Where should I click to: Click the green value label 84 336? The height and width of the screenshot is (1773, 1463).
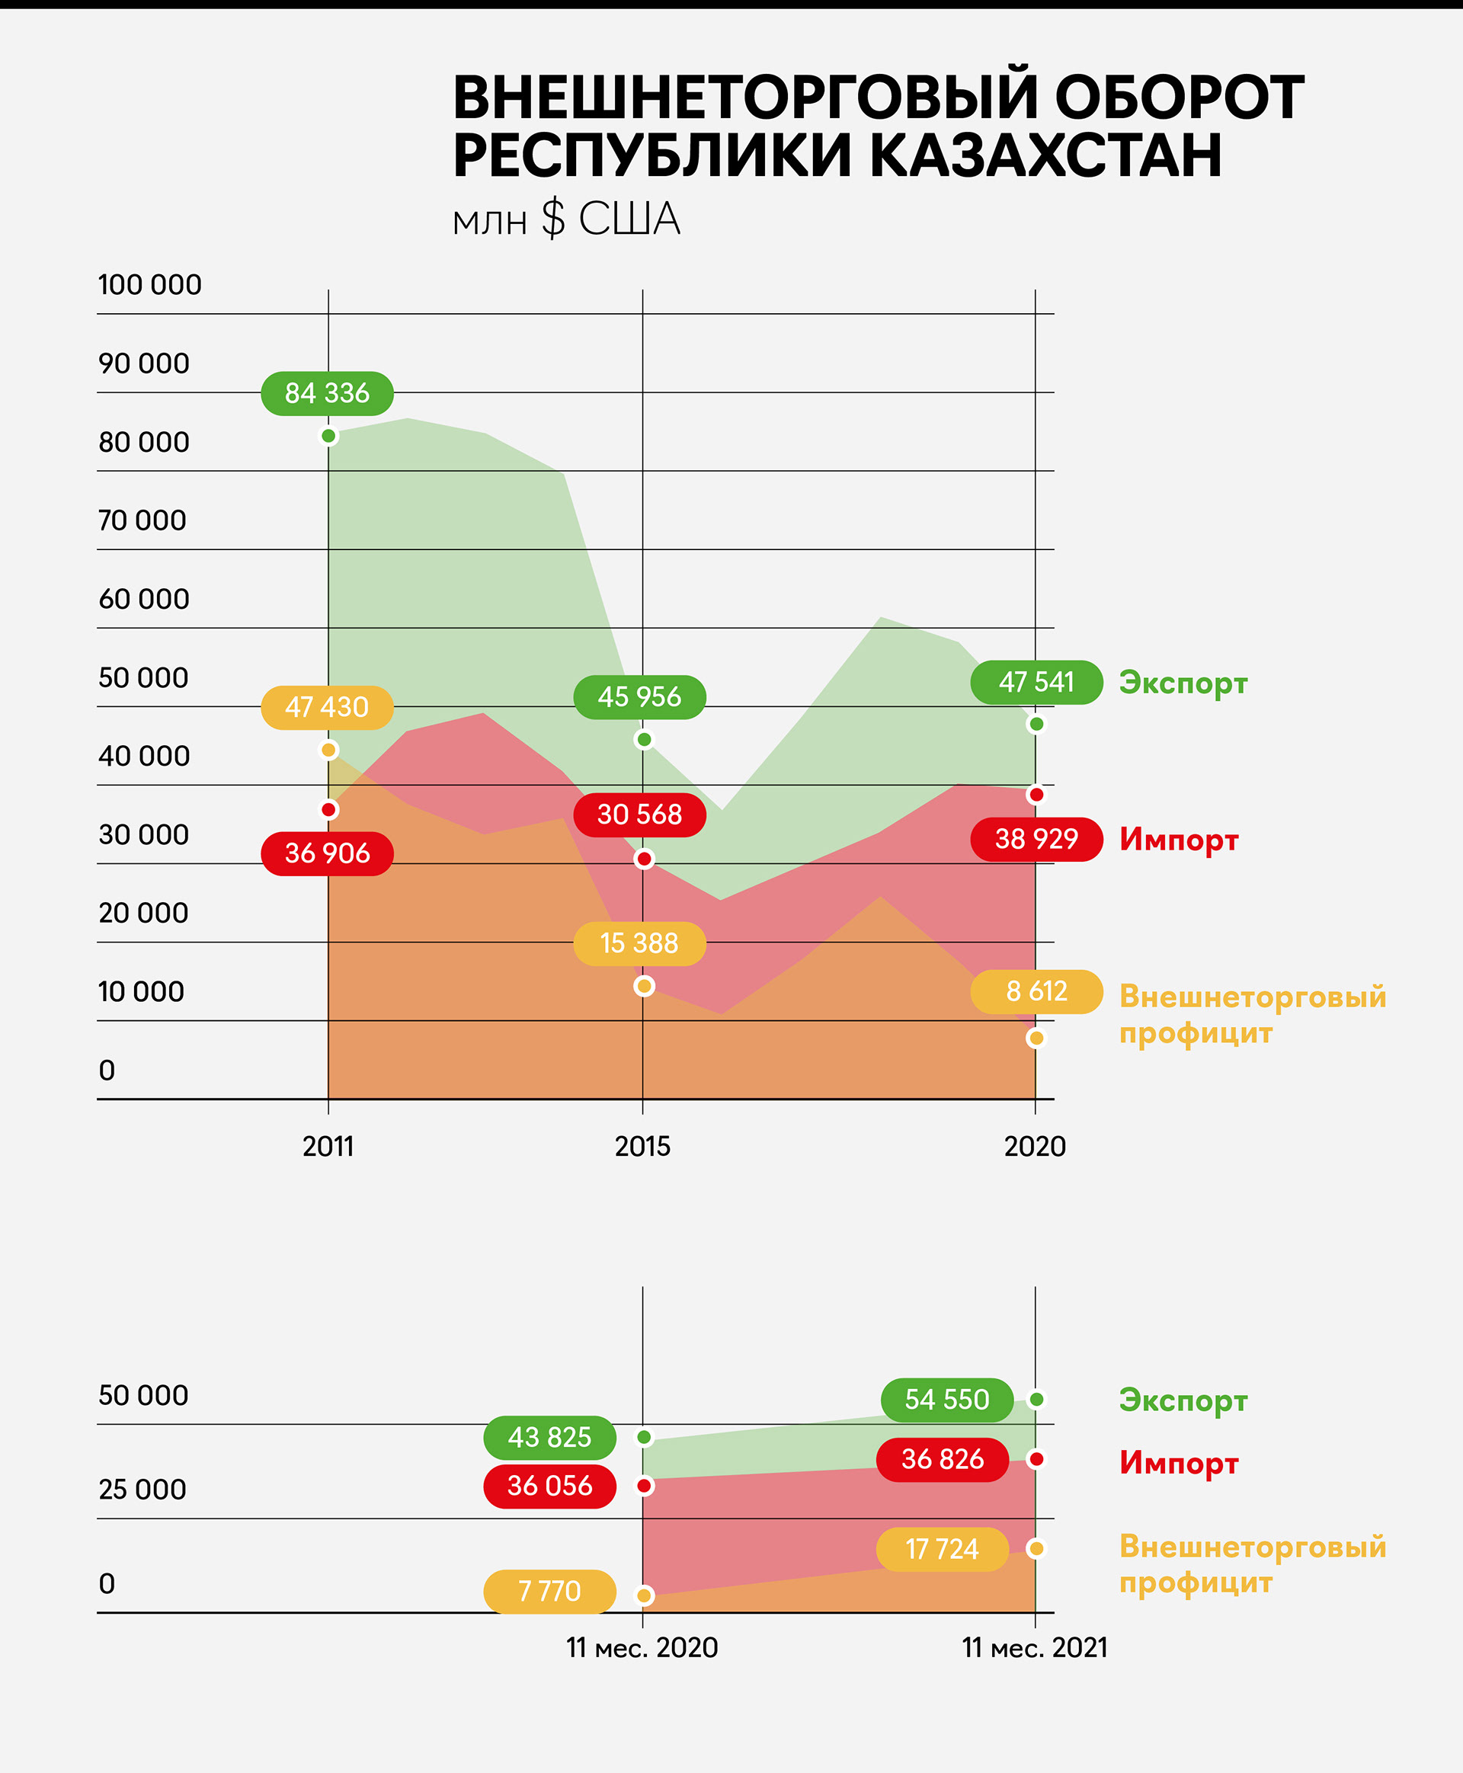pos(327,393)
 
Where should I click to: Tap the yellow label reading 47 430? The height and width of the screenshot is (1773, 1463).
pos(327,707)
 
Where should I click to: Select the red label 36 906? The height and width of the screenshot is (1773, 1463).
pos(327,853)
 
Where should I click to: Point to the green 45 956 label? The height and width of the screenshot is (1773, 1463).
pos(639,697)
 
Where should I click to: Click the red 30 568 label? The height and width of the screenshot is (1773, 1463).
pos(639,814)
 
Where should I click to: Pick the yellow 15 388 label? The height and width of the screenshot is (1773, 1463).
pos(639,944)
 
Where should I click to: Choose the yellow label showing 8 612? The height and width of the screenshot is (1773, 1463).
pos(1036,992)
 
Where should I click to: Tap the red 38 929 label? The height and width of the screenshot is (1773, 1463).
pos(1036,840)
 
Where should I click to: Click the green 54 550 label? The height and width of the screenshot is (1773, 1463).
pos(946,1400)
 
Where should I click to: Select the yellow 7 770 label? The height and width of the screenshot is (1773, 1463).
pos(549,1591)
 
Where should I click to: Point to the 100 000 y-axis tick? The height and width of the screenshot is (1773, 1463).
pos(150,285)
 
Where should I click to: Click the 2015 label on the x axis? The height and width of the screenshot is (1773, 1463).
pos(642,1147)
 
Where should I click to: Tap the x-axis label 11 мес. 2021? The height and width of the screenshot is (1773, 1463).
pos(1034,1647)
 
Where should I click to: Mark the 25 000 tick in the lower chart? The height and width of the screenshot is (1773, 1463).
pos(142,1490)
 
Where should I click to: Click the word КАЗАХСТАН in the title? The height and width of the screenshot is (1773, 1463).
pos(1044,156)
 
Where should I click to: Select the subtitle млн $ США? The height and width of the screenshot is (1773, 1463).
pos(565,220)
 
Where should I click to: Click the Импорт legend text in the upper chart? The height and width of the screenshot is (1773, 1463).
pos(1178,840)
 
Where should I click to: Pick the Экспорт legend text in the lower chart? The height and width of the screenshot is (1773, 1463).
pos(1183,1400)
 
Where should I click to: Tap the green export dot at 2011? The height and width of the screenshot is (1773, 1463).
pos(328,437)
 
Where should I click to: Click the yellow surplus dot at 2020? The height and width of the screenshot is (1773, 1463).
pos(1036,1039)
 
